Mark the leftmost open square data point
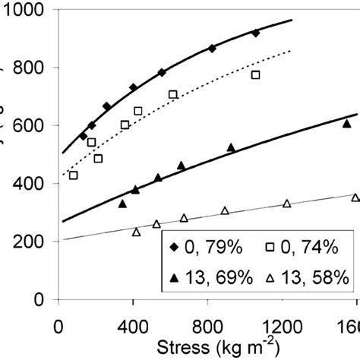[74, 175]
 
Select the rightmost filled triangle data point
[346, 123]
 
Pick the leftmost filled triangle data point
[122, 204]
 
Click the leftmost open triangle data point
[137, 232]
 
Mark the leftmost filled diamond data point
[84, 136]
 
